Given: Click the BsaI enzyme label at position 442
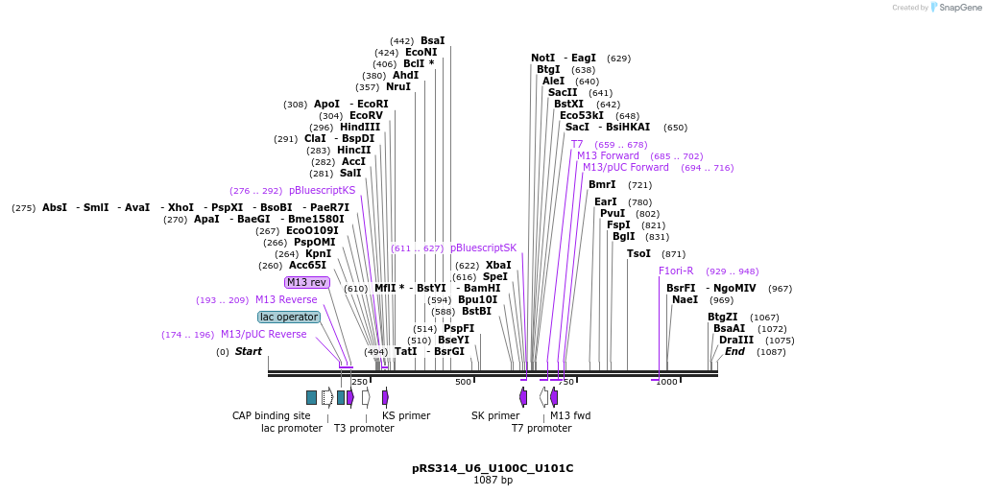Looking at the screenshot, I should pyautogui.click(x=432, y=41).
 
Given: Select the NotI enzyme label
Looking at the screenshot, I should pyautogui.click(x=542, y=59).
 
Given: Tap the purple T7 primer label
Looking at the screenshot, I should pyautogui.click(x=577, y=144).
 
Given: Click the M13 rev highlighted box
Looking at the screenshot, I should pyautogui.click(x=306, y=282).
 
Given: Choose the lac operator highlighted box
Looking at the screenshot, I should pyautogui.click(x=288, y=317).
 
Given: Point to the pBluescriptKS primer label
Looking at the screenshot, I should pyautogui.click(x=322, y=190).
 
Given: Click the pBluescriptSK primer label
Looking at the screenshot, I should pyautogui.click(x=483, y=247).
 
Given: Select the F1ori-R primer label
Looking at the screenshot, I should pyautogui.click(x=676, y=271).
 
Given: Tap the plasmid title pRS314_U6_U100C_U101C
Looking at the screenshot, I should pyautogui.click(x=493, y=468).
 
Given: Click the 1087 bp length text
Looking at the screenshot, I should pyautogui.click(x=493, y=480).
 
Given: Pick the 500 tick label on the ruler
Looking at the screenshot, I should pyautogui.click(x=463, y=382).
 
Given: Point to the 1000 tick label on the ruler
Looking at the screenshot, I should pyautogui.click(x=666, y=382).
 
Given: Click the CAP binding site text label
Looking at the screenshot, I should pyautogui.click(x=271, y=415).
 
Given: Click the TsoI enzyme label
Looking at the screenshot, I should pyautogui.click(x=638, y=253).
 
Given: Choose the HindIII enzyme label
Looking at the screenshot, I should pyautogui.click(x=359, y=127).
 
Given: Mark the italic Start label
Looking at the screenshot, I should pyautogui.click(x=248, y=351).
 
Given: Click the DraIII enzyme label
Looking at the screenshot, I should pyautogui.click(x=736, y=340).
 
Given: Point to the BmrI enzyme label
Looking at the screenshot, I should pyautogui.click(x=602, y=184).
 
